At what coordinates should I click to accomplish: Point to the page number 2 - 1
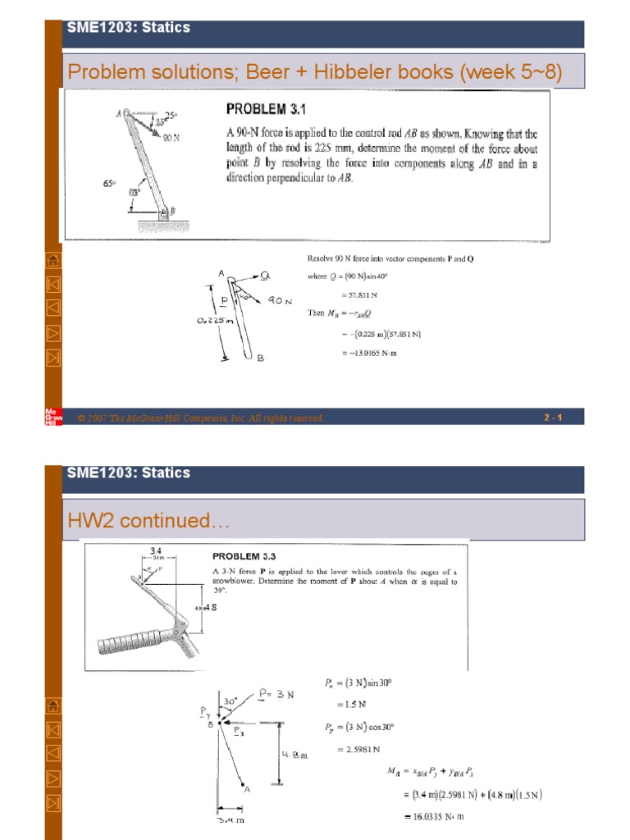pyautogui.click(x=552, y=418)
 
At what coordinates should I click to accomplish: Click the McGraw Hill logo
pyautogui.click(x=50, y=417)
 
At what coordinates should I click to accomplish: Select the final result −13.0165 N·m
pyautogui.click(x=367, y=354)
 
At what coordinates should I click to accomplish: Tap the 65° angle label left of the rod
pyautogui.click(x=109, y=185)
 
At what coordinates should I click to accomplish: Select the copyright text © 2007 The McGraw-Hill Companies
pyautogui.click(x=201, y=418)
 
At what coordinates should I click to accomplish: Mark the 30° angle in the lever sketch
pyautogui.click(x=232, y=702)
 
